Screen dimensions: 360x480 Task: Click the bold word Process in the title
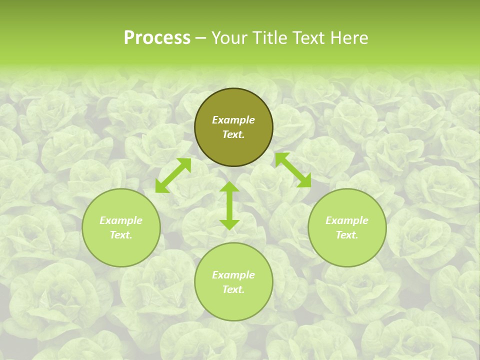157,38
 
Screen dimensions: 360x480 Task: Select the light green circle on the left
121,250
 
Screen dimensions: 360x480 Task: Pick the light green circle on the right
347,250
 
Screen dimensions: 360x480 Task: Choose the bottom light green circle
233,305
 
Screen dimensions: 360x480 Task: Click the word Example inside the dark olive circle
233,120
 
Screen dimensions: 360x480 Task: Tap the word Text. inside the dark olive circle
233,134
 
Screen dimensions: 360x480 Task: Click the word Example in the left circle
121,220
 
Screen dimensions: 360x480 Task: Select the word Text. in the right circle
347,235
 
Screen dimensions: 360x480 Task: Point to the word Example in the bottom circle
233,275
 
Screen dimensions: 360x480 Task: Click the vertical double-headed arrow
229,205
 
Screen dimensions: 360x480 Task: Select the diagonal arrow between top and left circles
173,175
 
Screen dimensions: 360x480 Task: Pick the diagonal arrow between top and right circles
293,170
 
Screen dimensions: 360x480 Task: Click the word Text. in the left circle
121,235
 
